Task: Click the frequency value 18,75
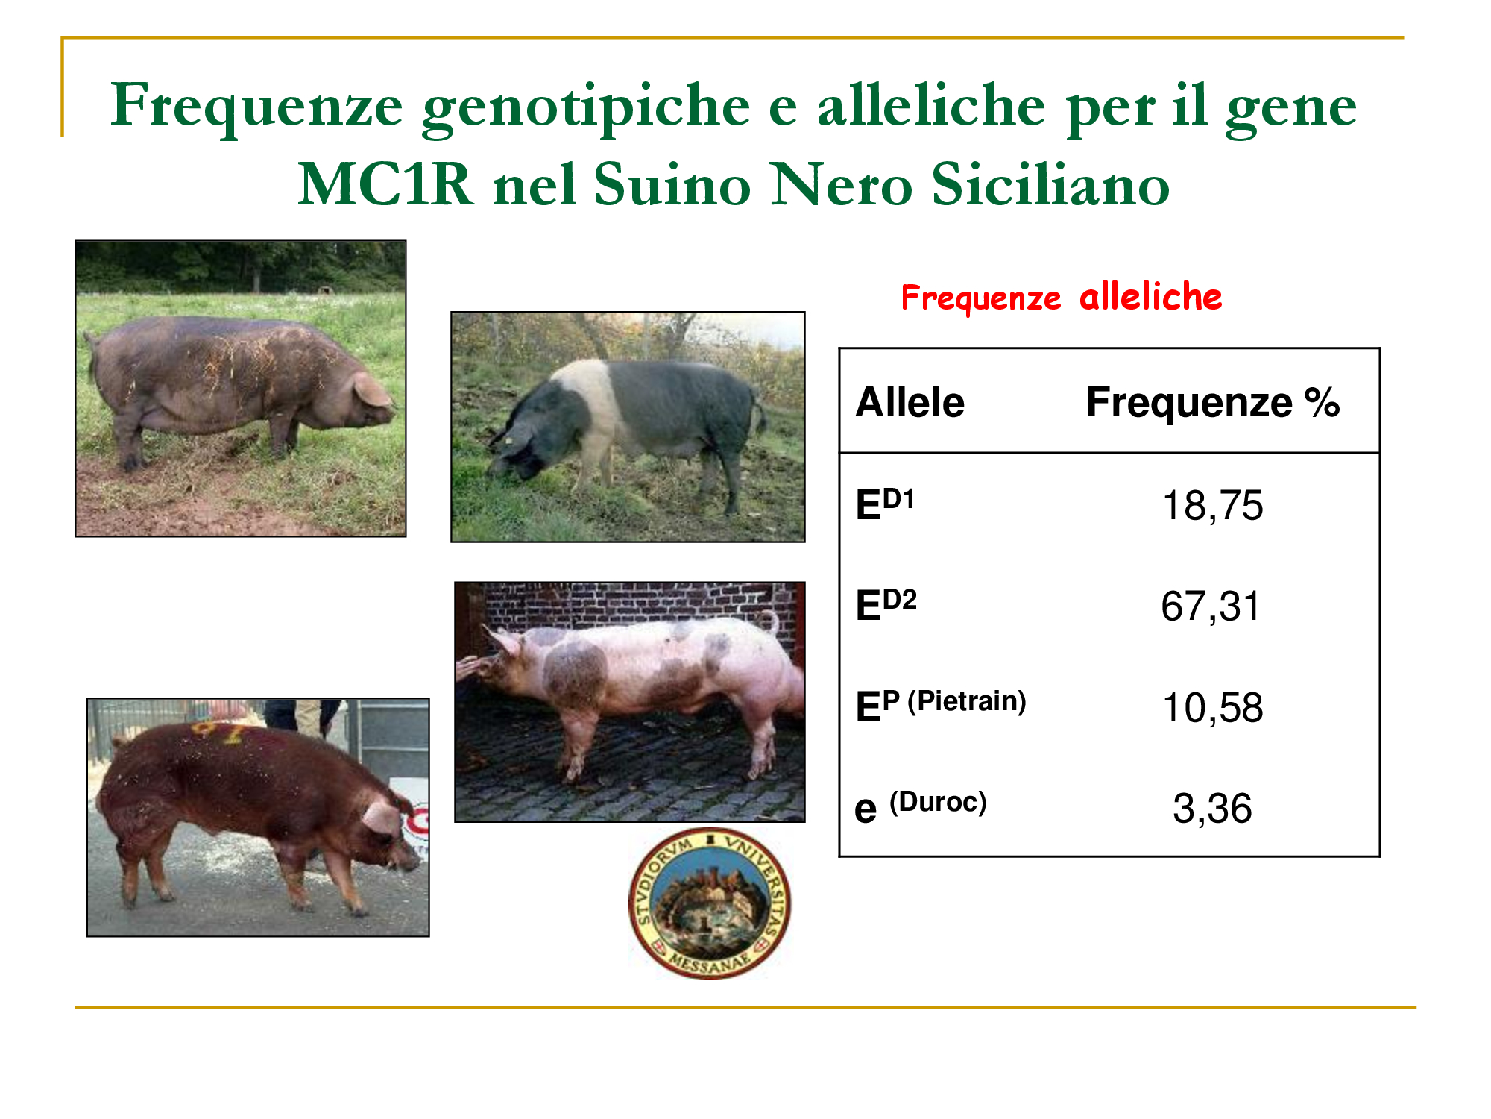pyautogui.click(x=1212, y=506)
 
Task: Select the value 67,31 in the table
pyautogui.click(x=1210, y=606)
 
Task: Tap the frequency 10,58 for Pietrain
pyautogui.click(x=1212, y=707)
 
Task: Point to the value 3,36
pyautogui.click(x=1212, y=808)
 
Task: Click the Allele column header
pyautogui.click(x=910, y=403)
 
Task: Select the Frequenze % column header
pyautogui.click(x=1213, y=403)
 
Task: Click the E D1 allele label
pyautogui.click(x=885, y=504)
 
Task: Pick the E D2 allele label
pyautogui.click(x=886, y=604)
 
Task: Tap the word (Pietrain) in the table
pyautogui.click(x=966, y=701)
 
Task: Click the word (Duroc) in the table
pyautogui.click(x=938, y=802)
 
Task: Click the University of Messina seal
pyautogui.click(x=710, y=903)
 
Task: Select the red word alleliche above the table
pyautogui.click(x=1150, y=297)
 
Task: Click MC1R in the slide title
pyautogui.click(x=385, y=184)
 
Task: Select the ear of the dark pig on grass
pyautogui.click(x=371, y=389)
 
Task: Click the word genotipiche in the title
pyautogui.click(x=586, y=106)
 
